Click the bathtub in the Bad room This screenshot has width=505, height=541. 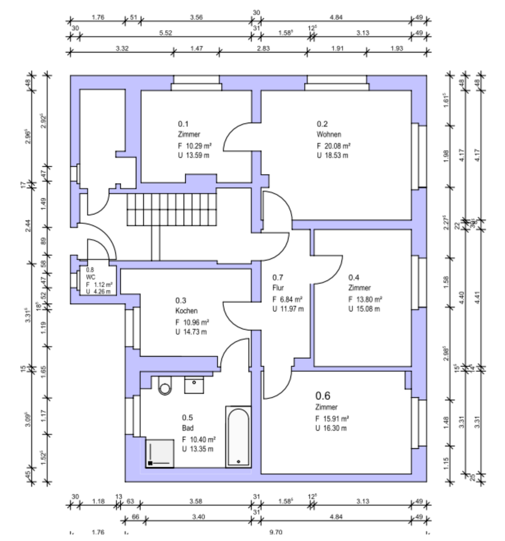[237, 437]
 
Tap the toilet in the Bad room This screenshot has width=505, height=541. [165, 385]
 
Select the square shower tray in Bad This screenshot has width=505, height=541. [161, 453]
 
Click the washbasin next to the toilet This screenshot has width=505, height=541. [194, 385]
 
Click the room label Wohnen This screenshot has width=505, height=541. [329, 135]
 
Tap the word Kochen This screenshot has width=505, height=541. [186, 311]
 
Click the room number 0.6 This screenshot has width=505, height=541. [322, 395]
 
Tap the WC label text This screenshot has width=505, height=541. [91, 277]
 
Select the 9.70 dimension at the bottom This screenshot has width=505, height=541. [276, 531]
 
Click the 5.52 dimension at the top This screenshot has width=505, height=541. [166, 33]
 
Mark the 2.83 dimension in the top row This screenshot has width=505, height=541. [264, 49]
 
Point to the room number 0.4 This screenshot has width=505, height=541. [354, 277]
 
